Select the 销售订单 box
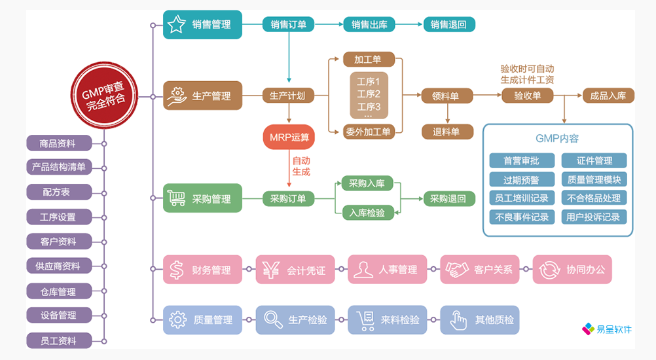coord(288,25)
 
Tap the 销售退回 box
coord(448,25)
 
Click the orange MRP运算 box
coord(289,137)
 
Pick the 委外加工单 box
coord(369,132)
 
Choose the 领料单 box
coord(445,96)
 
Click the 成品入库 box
coord(608,96)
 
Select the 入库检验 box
coord(367,213)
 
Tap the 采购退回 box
coord(448,199)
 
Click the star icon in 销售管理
coord(176,24)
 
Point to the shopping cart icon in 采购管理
coord(175,198)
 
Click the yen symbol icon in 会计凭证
coord(270,269)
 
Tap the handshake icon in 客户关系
coord(456,269)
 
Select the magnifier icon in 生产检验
coord(271,320)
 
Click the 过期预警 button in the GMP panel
coord(522,179)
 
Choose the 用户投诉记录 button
coord(594,217)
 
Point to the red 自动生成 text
coord(301,166)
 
